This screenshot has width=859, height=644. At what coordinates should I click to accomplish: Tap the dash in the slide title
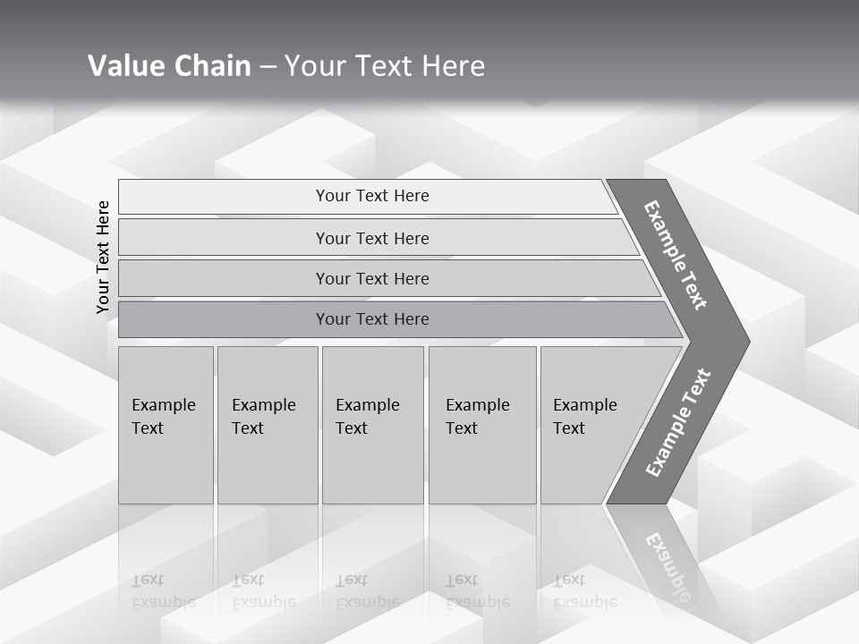(268, 67)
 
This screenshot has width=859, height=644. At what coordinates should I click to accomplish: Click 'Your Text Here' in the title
(385, 66)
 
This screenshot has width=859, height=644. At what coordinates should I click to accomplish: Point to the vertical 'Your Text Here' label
(103, 257)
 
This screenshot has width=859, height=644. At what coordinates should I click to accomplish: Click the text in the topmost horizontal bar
(372, 196)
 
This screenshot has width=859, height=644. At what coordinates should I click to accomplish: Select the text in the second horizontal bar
(372, 239)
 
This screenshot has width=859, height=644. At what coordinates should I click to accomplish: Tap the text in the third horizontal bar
(372, 279)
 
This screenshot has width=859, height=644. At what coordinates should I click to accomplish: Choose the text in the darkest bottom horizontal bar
(372, 319)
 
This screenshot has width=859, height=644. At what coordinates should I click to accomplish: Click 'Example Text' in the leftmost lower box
(163, 417)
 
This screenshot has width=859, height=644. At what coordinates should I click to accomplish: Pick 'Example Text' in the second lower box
(263, 417)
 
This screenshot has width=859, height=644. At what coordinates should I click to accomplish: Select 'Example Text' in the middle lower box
(367, 417)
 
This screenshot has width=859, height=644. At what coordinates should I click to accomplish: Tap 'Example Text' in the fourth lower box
(477, 417)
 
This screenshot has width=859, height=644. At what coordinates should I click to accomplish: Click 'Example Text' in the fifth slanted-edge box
(584, 417)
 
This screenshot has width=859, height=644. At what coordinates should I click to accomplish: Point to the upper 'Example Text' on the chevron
(676, 255)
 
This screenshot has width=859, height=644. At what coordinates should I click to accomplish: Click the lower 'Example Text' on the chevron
(678, 423)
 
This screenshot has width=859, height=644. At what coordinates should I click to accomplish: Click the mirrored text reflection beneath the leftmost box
(163, 592)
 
